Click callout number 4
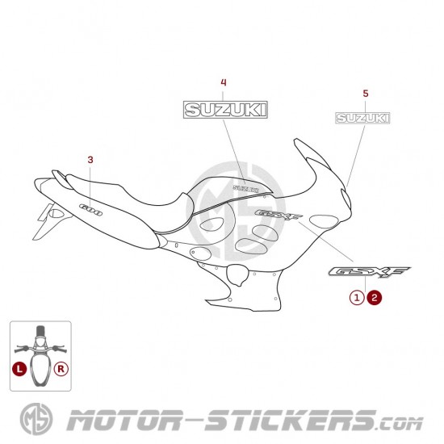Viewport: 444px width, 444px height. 224,82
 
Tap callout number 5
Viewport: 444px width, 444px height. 366,93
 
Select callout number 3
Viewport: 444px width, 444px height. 90,160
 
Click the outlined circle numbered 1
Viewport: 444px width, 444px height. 357,298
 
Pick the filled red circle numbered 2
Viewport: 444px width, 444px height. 375,298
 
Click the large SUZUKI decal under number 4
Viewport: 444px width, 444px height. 225,110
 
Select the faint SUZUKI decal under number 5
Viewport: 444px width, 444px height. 362,118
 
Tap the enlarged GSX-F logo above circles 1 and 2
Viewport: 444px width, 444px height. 369,272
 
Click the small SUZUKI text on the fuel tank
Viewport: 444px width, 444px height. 245,189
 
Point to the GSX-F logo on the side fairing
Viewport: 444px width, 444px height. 278,215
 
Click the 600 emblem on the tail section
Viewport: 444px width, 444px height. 90,210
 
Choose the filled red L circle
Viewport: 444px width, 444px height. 19,369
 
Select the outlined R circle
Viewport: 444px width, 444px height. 61,369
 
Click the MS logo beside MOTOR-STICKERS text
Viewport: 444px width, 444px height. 36,419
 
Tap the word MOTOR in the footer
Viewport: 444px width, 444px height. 124,421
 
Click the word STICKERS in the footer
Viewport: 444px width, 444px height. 291,421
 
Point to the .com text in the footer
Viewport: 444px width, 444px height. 400,424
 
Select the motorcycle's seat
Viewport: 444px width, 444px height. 128,199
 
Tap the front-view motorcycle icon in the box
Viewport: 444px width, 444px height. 40,356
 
